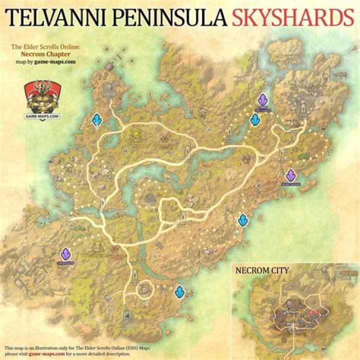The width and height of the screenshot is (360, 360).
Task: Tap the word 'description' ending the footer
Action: click(x=117, y=353)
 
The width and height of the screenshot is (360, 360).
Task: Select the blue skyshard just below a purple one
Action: click(x=255, y=119)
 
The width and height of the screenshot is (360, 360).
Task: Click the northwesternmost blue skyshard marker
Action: click(x=97, y=120)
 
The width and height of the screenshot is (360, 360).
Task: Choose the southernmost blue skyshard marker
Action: click(x=179, y=291)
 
